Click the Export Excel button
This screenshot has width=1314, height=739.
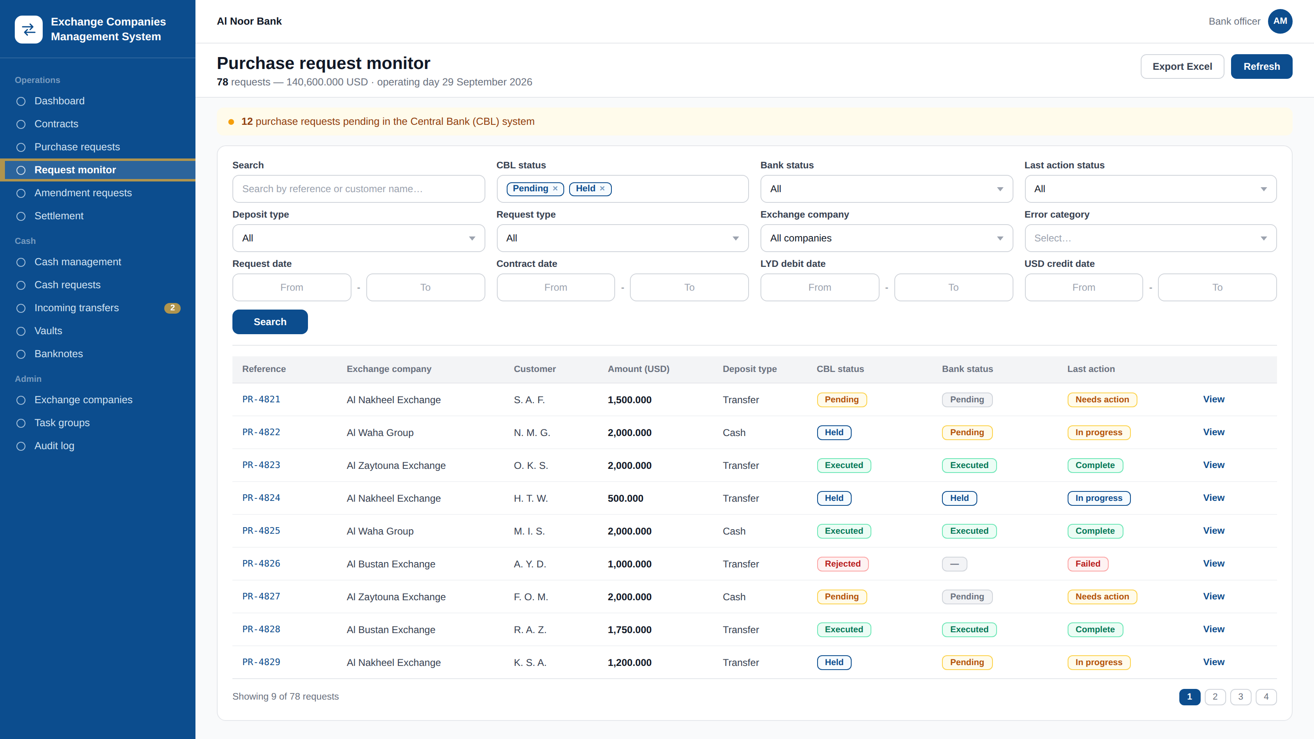1182,66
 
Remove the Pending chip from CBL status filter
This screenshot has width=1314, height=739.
555,189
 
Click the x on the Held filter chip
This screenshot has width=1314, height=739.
602,189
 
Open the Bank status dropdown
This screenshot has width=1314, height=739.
886,189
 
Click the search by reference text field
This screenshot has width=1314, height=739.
358,189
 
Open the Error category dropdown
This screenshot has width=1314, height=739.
1150,238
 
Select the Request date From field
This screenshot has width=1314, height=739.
292,287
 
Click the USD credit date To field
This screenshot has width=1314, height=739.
1217,287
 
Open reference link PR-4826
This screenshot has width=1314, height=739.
261,564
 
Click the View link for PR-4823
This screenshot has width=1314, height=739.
1213,465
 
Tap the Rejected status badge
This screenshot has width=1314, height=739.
842,564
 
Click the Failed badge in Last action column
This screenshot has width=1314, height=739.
1087,564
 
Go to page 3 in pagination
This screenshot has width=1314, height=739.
1240,697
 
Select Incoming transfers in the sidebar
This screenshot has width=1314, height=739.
76,308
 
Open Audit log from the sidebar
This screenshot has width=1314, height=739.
54,446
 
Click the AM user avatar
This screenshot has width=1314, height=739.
1280,21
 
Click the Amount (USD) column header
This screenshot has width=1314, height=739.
638,369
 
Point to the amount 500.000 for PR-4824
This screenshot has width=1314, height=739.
625,498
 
